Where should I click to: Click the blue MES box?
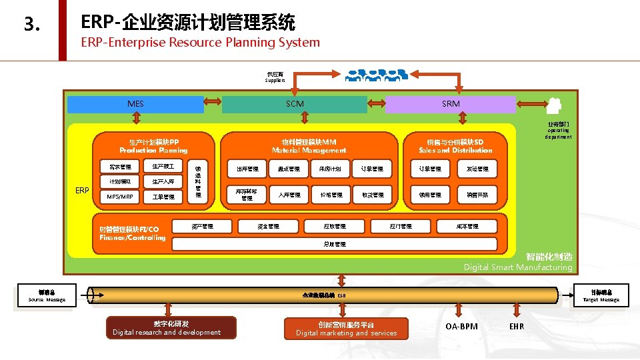135,104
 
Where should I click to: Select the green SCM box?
295,104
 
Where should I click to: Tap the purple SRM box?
451,104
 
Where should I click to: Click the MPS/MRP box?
120,197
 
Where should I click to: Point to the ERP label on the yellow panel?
82,191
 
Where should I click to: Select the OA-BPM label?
461,327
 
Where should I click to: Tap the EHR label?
517,327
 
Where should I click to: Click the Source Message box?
47,296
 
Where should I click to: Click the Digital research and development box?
167,328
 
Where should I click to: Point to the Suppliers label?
275,77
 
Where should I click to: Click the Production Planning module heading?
153,146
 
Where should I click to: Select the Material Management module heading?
309,146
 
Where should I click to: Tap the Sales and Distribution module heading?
455,146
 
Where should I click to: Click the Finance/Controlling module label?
132,234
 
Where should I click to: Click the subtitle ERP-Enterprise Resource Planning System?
200,43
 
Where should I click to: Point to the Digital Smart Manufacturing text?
518,267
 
